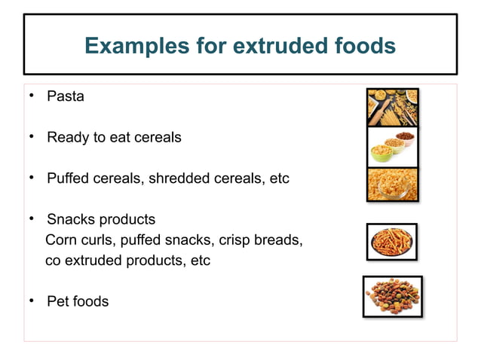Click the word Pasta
[66, 96]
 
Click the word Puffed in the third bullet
[69, 179]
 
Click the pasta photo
[392, 107]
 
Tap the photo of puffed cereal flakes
[392, 185]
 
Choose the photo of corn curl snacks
[391, 242]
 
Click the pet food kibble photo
[392, 296]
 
